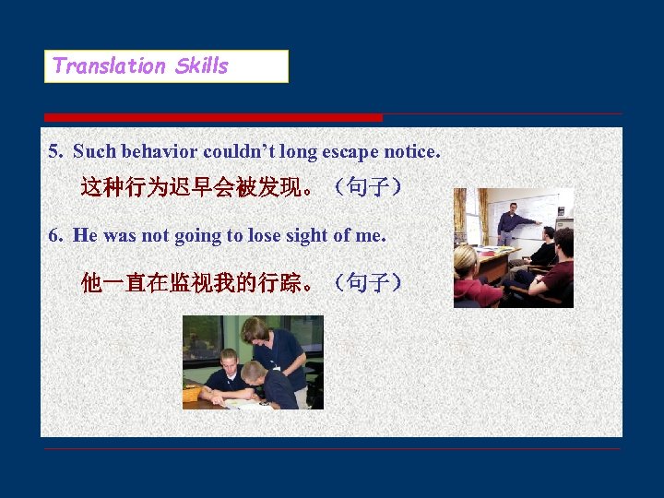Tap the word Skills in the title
[x=201, y=65]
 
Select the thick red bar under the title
[x=213, y=117]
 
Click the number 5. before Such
[x=56, y=150]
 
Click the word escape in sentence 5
[x=348, y=150]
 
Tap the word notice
[x=411, y=150]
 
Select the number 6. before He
[x=56, y=235]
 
